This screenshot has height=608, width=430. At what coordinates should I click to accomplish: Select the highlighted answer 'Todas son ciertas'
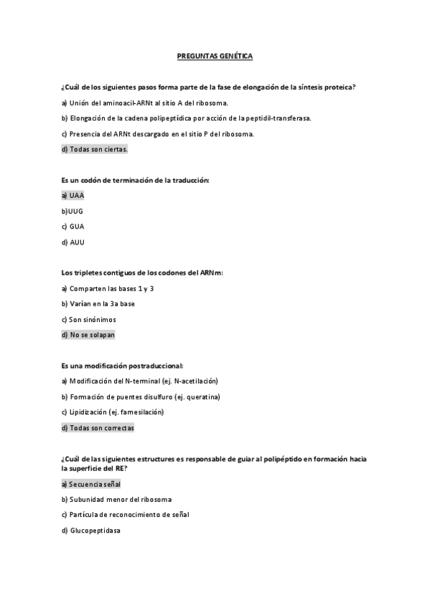tap(95, 149)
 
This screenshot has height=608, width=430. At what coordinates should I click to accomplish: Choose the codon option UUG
tap(73, 211)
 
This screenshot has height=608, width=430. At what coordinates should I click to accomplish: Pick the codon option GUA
tap(73, 227)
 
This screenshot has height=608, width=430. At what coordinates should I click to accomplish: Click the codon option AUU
tap(73, 242)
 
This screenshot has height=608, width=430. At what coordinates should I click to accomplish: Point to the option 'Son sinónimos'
tap(88, 319)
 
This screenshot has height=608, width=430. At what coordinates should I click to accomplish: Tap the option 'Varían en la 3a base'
tap(98, 304)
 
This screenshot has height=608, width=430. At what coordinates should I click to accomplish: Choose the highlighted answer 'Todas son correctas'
tap(98, 428)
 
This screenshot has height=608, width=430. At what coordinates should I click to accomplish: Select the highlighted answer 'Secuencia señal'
tap(90, 484)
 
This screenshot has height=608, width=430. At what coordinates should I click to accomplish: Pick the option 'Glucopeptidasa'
tap(90, 531)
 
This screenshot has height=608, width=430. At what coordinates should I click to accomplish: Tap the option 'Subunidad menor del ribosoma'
tap(116, 499)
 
